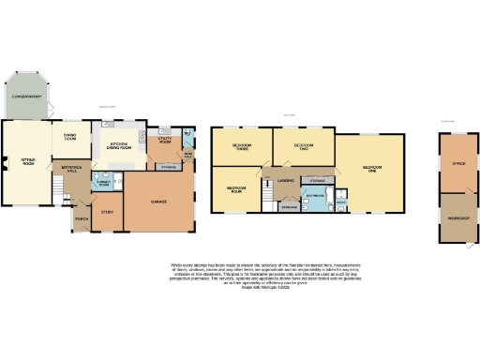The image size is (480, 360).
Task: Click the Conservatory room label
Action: point(26,97)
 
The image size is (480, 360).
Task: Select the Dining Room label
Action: point(69,137)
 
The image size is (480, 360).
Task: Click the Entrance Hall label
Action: point(72,168)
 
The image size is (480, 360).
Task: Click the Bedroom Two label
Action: point(303,146)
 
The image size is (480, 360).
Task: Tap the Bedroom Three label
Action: point(242,147)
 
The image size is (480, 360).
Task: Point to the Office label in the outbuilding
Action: point(459,163)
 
